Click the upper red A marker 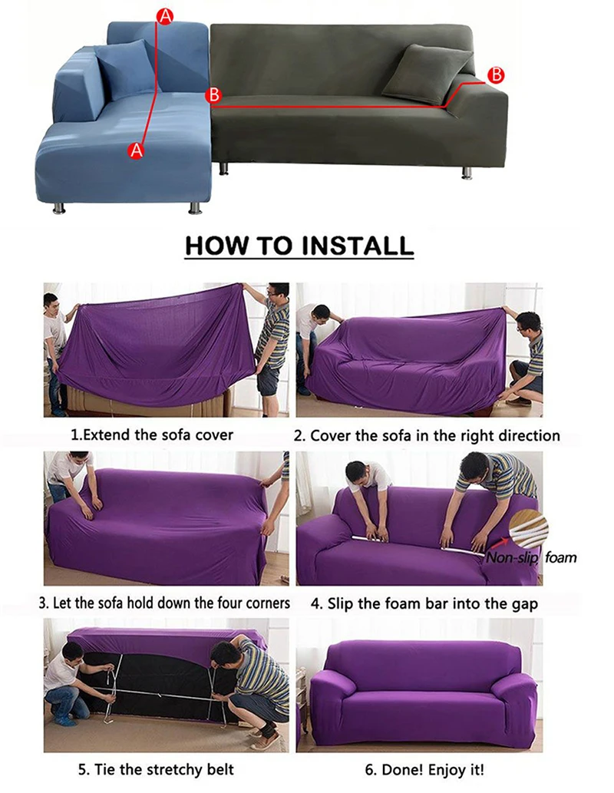pos(163,15)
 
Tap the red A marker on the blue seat pos(137,150)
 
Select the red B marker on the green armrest pos(496,74)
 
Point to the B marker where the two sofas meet pos(214,95)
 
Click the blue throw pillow pos(125,69)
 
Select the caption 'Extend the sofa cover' pos(152,434)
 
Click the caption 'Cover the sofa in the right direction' pos(427,435)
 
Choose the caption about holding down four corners pos(164,603)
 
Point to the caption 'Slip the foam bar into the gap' pos(424,603)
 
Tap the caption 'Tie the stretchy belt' pos(155,768)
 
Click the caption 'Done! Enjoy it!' pos(424,768)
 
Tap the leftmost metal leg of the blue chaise pos(59,207)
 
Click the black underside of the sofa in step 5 pos(153,676)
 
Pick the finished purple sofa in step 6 pos(421,683)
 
